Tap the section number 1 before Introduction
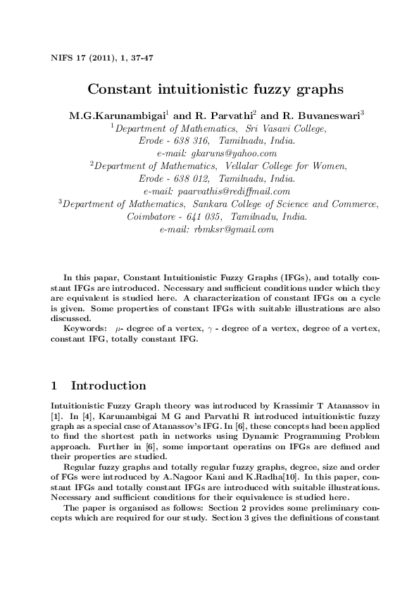pos(56,386)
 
